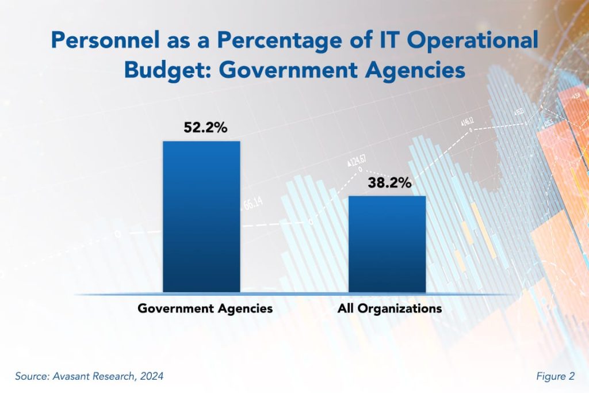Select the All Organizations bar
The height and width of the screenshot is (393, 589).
coord(388,244)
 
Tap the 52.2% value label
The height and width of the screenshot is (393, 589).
coord(202,128)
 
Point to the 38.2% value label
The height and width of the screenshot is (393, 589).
coord(388,183)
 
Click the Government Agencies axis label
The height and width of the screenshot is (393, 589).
coord(205,308)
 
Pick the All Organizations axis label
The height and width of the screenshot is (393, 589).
coord(389,308)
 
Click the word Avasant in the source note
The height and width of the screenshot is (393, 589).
coord(71,377)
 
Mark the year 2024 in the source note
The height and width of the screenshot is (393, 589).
coord(151,377)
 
